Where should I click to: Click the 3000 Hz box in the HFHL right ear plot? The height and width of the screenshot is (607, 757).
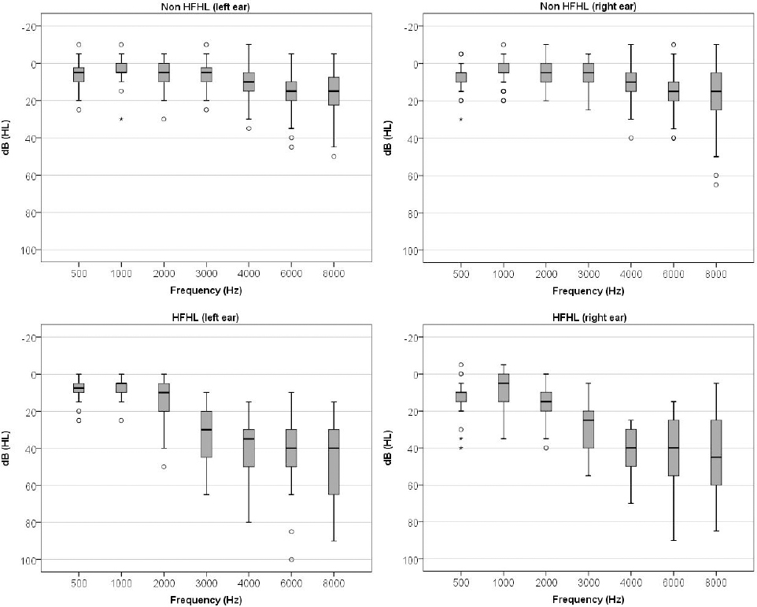(x=588, y=429)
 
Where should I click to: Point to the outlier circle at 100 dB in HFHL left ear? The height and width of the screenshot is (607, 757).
(x=291, y=560)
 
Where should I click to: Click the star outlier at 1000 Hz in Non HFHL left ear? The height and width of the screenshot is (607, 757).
(x=121, y=120)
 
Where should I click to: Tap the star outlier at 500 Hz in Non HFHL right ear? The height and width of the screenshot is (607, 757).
(x=461, y=120)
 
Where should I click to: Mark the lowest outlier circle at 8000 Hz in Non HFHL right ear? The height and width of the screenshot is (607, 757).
(x=716, y=184)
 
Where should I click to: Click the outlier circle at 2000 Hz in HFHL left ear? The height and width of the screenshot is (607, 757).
(x=164, y=467)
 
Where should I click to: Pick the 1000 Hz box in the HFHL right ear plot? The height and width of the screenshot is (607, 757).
(x=504, y=388)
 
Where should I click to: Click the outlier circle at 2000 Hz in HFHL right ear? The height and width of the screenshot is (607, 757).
(x=546, y=448)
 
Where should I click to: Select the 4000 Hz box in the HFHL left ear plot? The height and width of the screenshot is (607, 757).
(x=249, y=448)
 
